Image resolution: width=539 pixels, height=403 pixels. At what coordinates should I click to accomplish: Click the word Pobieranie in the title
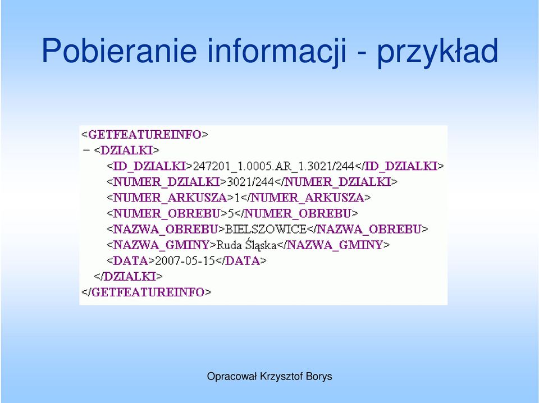119,51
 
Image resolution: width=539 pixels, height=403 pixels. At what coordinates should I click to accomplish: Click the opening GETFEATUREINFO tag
145,134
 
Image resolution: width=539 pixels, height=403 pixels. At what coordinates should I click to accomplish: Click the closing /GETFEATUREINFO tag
147,292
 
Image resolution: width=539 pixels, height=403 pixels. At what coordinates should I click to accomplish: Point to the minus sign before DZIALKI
86,150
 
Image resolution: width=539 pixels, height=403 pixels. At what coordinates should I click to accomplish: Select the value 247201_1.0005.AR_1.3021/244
273,166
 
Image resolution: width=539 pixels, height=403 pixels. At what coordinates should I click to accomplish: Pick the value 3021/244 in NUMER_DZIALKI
250,182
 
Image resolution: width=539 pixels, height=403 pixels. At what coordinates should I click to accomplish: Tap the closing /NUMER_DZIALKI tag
336,182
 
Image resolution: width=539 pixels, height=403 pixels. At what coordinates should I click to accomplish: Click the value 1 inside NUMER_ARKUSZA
237,198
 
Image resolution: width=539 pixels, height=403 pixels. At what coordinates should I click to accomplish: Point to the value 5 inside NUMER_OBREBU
231,213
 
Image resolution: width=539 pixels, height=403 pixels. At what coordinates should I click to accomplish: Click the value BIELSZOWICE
266,229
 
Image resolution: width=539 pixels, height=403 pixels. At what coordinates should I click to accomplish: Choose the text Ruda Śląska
246,245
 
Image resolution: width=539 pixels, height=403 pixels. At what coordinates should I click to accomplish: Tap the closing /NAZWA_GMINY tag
333,245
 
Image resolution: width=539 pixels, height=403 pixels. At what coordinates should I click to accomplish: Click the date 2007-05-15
185,261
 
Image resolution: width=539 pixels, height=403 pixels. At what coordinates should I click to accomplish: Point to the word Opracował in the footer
232,377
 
